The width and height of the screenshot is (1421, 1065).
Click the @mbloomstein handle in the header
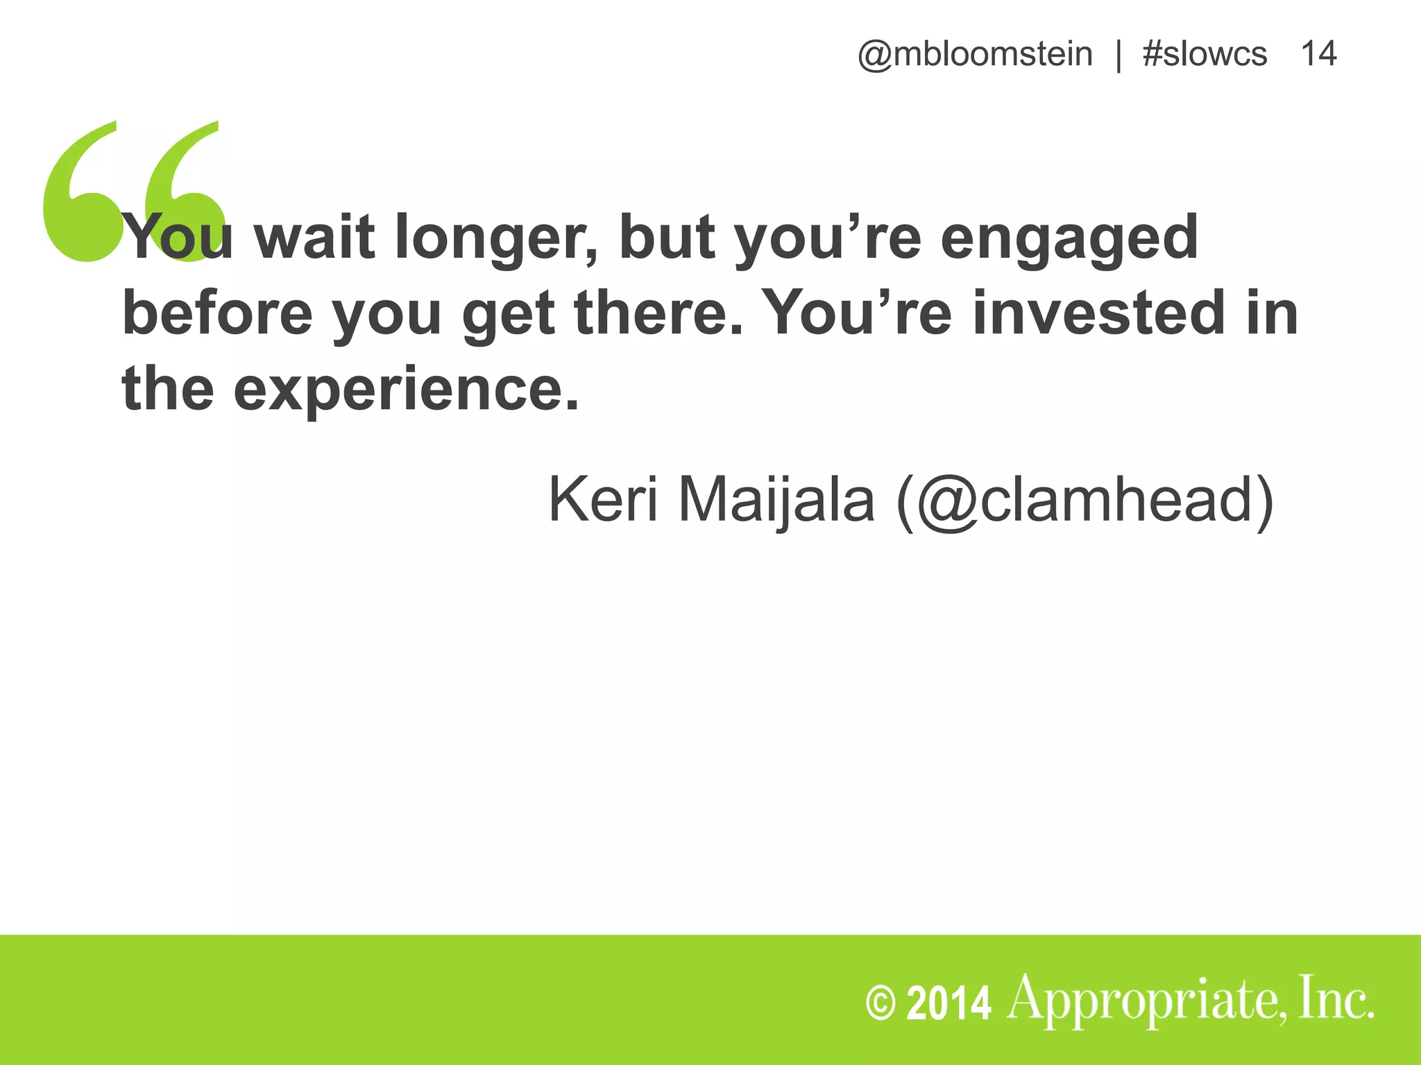975,54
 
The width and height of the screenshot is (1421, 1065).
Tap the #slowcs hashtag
1205,54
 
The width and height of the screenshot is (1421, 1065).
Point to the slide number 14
1318,54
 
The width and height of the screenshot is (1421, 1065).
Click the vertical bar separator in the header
1118,55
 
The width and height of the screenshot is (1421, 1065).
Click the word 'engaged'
1069,239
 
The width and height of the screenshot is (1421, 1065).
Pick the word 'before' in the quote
218,313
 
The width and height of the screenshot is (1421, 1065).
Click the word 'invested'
1100,313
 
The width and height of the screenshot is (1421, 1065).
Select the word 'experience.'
406,390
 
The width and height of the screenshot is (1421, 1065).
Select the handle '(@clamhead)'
1085,501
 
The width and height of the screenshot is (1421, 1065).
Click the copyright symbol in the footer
880,1003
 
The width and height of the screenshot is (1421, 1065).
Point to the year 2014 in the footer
948,1003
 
